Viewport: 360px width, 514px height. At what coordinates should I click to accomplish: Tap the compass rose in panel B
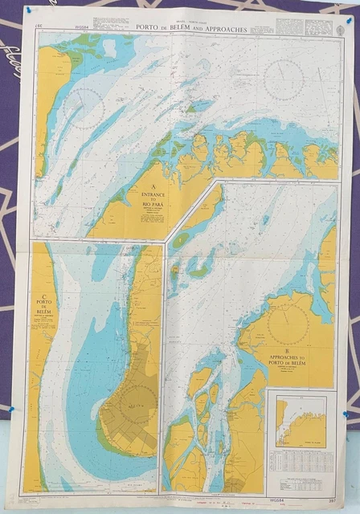[287, 324]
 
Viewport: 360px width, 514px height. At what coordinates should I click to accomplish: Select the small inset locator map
[301, 422]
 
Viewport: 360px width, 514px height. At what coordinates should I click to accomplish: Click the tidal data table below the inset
[302, 462]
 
